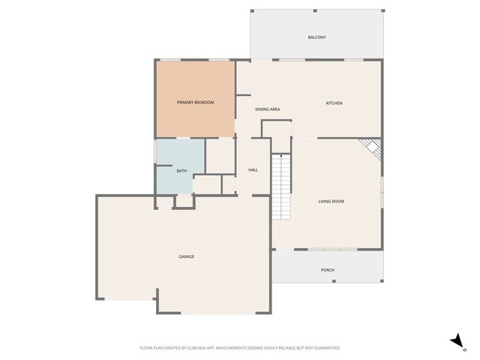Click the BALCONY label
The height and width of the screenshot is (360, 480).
click(316, 37)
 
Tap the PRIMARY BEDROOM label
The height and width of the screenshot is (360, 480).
click(195, 102)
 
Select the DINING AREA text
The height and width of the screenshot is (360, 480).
click(267, 109)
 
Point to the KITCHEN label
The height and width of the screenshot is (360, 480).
click(334, 103)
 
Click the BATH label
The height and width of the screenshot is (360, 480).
click(181, 171)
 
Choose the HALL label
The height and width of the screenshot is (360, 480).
click(253, 170)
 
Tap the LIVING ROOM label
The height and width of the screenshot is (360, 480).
click(331, 201)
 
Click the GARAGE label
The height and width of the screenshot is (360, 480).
click(186, 256)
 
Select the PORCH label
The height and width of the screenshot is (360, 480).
click(327, 270)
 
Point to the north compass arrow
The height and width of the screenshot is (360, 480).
click(456, 341)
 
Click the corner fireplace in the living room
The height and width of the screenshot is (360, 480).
click(371, 148)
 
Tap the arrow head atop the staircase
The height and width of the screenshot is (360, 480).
click(280, 156)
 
